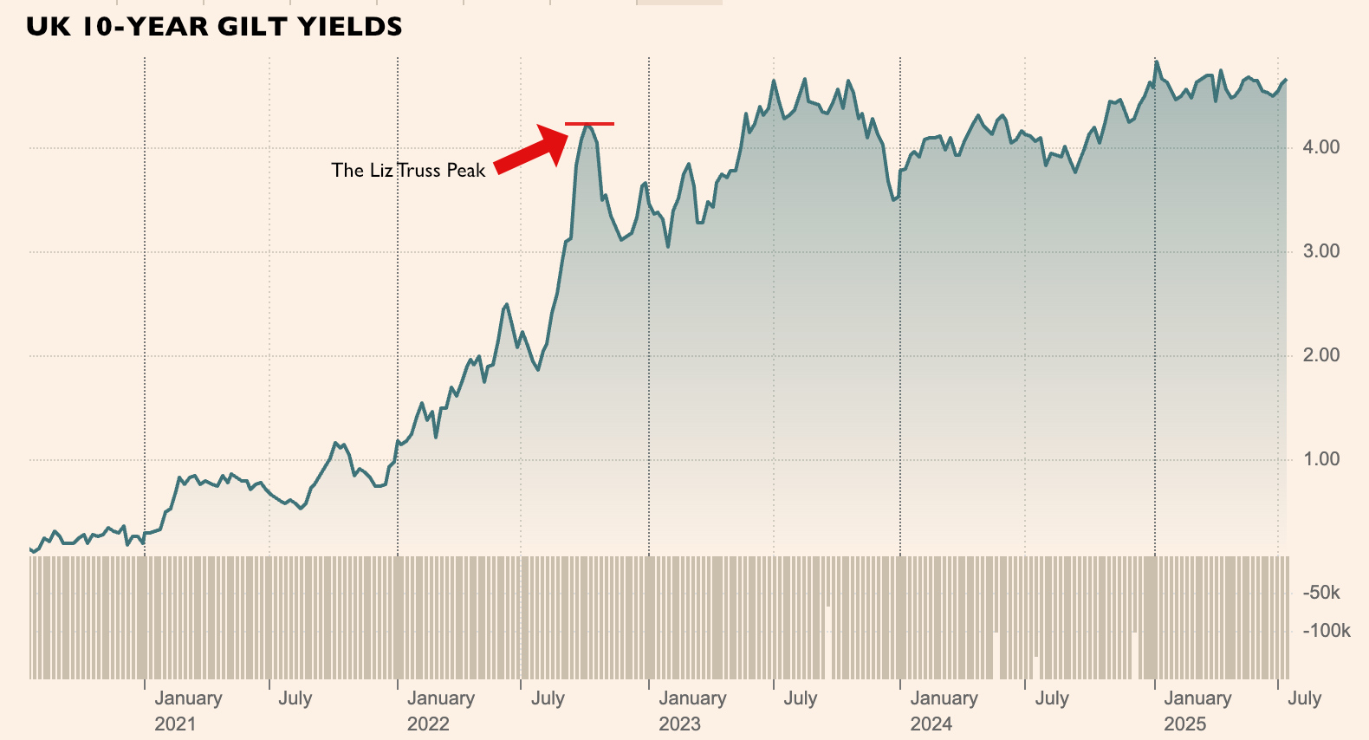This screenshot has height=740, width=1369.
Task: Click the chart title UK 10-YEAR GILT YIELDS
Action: (x=214, y=27)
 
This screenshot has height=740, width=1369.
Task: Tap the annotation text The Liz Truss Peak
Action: (x=408, y=171)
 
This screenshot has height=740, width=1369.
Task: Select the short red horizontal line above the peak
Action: (x=589, y=124)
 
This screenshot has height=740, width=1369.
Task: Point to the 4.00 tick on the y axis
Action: (x=1320, y=147)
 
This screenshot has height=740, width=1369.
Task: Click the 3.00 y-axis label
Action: (x=1320, y=251)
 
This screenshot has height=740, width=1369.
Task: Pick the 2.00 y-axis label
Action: (x=1320, y=355)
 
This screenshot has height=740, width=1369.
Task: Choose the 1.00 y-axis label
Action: (x=1320, y=459)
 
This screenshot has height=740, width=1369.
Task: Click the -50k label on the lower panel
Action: (x=1321, y=593)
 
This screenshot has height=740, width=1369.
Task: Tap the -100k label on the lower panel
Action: (x=1326, y=631)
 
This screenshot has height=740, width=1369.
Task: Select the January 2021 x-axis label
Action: (x=188, y=711)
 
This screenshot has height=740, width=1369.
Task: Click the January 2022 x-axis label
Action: (x=441, y=711)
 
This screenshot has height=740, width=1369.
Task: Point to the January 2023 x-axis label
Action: (x=692, y=711)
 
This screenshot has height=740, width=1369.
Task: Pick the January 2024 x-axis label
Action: (x=944, y=711)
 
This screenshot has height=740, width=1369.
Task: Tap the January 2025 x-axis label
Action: (x=1197, y=711)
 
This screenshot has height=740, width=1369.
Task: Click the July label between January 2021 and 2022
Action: (x=295, y=698)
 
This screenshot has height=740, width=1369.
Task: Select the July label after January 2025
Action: (x=1304, y=698)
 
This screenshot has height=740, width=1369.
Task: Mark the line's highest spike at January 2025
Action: (x=1156, y=62)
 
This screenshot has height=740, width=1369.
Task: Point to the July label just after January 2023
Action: (x=801, y=698)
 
